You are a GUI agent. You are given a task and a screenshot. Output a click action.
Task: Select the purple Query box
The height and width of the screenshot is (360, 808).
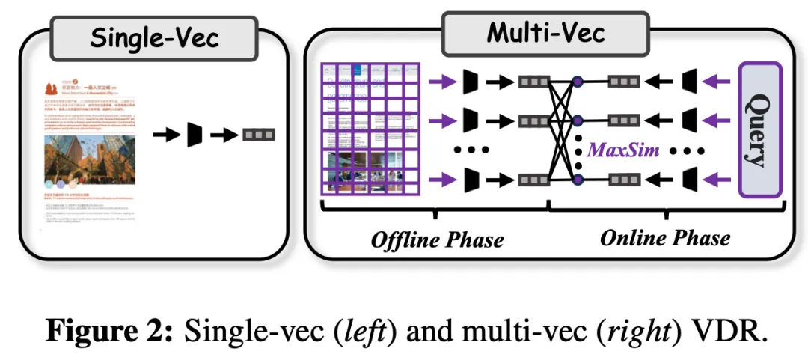point(759,129)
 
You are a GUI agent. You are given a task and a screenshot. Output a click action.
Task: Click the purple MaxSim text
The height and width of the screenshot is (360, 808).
point(623,150)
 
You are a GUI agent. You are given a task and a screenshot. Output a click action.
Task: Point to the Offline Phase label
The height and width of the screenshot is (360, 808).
point(437,240)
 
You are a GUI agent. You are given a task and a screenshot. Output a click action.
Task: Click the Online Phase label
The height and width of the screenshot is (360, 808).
point(664,238)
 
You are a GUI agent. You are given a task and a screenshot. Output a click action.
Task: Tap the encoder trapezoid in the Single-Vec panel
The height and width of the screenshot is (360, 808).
point(195,135)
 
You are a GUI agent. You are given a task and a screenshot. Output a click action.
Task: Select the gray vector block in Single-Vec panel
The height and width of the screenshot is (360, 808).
point(258,135)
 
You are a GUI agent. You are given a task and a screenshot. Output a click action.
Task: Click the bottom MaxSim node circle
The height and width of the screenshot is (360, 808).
point(577,179)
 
